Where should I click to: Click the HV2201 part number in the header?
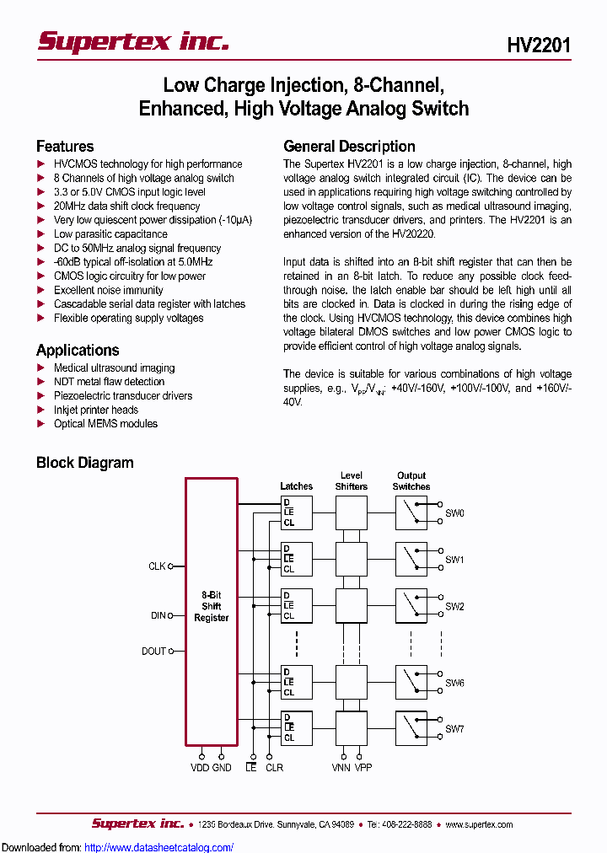(x=539, y=45)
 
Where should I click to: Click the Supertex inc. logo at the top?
(x=132, y=41)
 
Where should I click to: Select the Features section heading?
(x=65, y=146)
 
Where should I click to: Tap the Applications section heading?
(x=78, y=350)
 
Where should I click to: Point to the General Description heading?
(x=349, y=146)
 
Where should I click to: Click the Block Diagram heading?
(x=84, y=462)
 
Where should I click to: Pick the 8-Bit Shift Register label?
(x=212, y=606)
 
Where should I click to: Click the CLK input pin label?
(x=157, y=566)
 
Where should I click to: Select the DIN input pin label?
(x=158, y=615)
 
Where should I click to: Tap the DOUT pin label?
(x=154, y=651)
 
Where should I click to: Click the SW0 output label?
(x=454, y=512)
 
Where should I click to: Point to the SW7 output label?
(x=454, y=728)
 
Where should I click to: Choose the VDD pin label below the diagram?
(x=201, y=767)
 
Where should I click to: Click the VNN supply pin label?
(x=341, y=767)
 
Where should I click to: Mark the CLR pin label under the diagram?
(x=274, y=767)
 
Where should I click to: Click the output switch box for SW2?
(x=411, y=605)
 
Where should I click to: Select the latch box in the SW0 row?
(x=296, y=512)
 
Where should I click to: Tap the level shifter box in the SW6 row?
(x=352, y=682)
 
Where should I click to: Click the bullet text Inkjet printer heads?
(x=96, y=410)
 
